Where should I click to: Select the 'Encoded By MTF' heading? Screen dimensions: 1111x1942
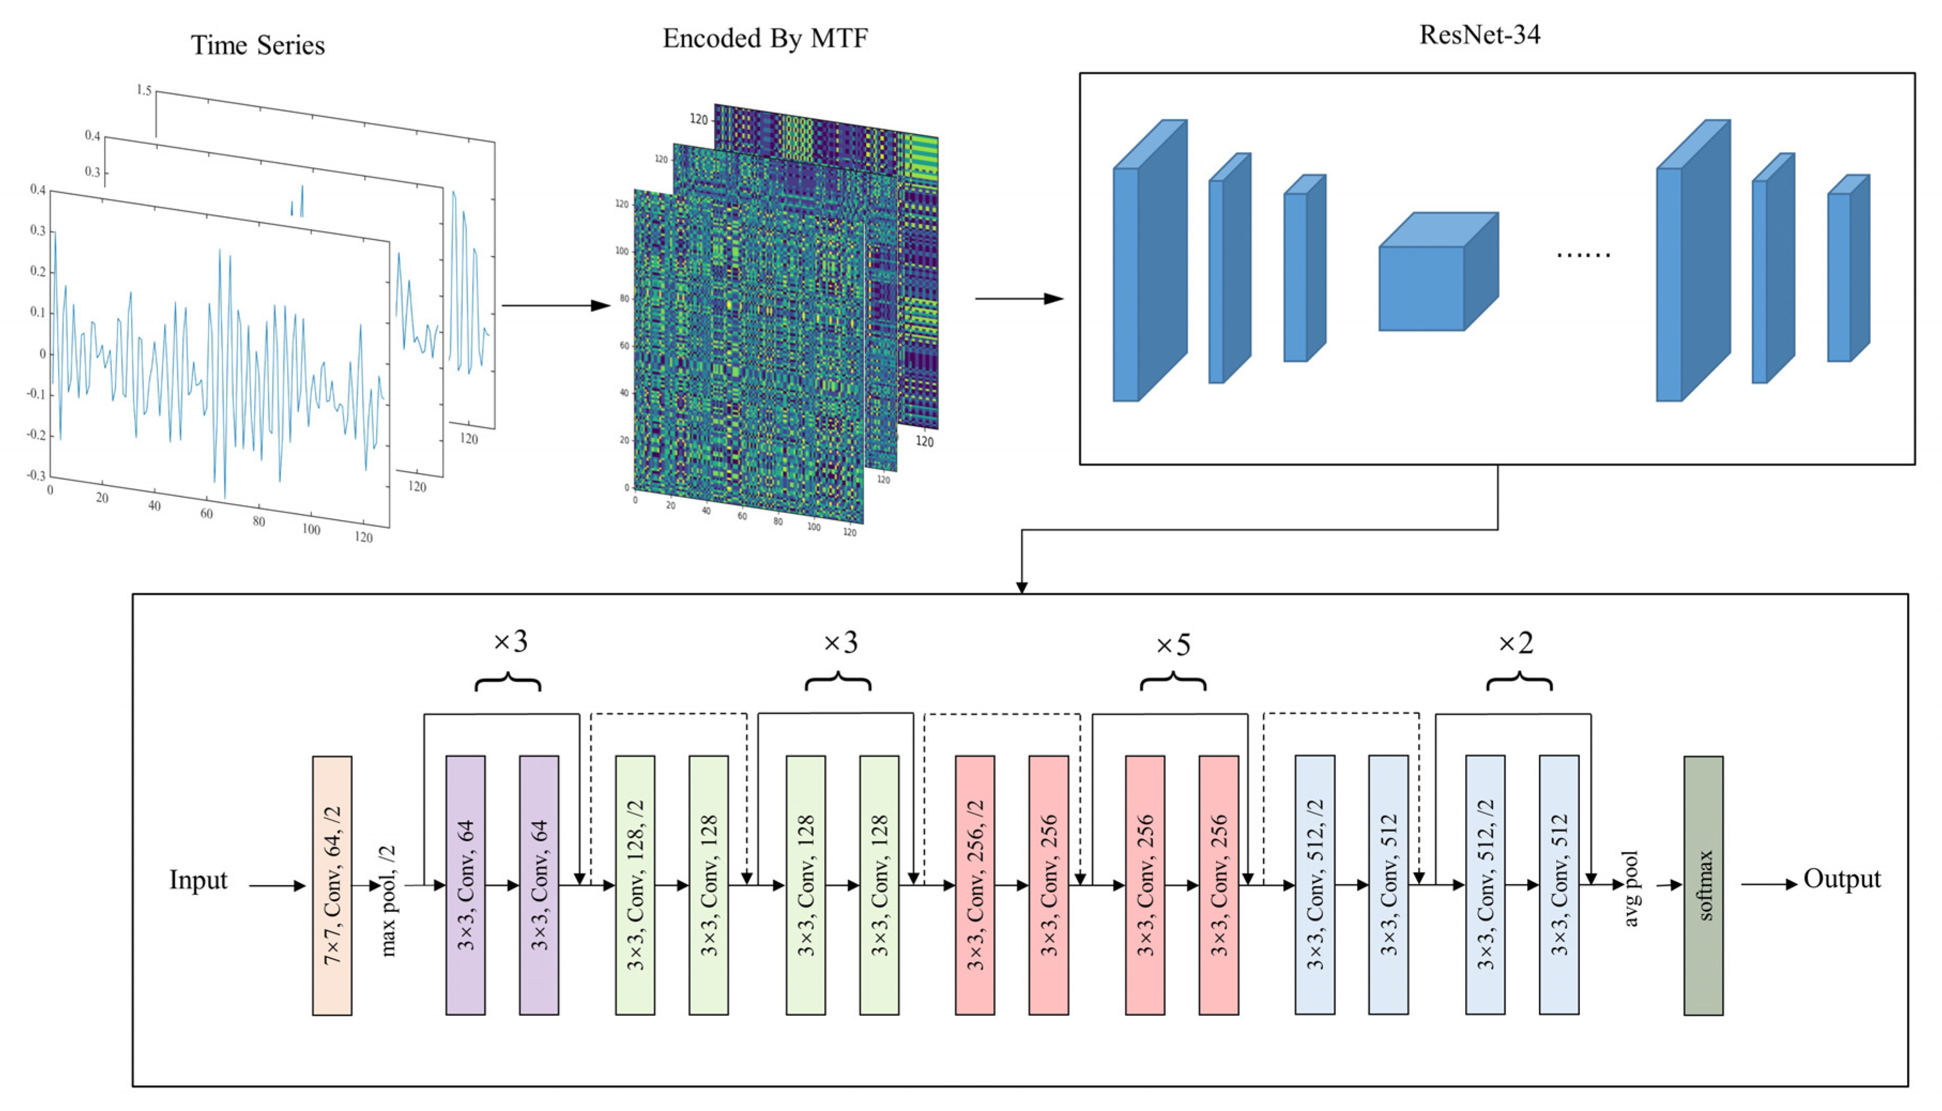click(765, 38)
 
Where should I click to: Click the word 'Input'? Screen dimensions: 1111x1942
click(199, 880)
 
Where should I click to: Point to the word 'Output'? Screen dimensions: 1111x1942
click(1841, 879)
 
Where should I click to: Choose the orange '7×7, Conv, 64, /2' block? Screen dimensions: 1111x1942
click(332, 885)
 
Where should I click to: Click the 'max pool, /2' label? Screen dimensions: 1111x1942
click(389, 900)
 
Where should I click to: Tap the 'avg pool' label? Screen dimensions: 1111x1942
click(1631, 889)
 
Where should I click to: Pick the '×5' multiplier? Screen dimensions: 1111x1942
click(1172, 645)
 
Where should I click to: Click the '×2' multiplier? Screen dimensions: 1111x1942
click(1515, 643)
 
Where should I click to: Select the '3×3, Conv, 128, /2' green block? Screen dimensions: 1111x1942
click(635, 885)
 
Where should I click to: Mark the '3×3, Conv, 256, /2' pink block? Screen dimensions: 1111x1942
click(975, 885)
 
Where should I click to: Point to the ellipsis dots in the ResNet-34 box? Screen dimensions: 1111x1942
click(1583, 255)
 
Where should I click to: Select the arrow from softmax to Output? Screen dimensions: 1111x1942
click(1768, 885)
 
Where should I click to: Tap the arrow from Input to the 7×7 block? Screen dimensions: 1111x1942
click(277, 886)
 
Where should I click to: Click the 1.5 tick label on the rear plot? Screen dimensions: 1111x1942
click(143, 90)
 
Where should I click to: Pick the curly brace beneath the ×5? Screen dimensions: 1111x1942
click(1173, 681)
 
